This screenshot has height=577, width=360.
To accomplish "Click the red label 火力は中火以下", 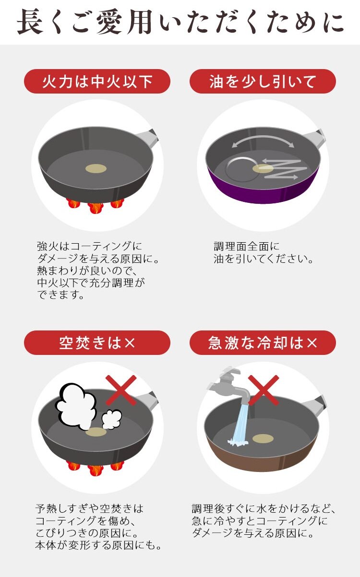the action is click(97, 82).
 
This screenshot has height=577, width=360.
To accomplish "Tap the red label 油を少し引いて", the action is click(263, 82).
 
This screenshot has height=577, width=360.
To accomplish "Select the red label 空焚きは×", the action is click(97, 343).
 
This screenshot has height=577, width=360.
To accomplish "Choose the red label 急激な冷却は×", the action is click(263, 343).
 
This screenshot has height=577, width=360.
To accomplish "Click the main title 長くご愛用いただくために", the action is click(180, 22).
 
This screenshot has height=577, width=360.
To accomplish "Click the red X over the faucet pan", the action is click(264, 390).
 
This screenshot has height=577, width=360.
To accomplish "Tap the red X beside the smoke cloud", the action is click(121, 390).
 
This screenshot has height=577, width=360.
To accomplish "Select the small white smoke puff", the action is click(111, 419).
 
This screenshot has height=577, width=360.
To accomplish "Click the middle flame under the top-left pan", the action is click(96, 208).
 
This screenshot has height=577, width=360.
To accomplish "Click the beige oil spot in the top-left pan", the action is click(96, 168).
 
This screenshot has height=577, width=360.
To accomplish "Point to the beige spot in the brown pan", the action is click(263, 438).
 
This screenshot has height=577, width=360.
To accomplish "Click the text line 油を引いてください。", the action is click(264, 259).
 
